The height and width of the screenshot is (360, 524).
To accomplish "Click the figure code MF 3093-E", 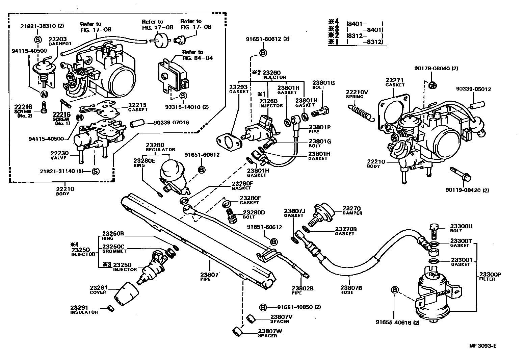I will (x=482, y=346).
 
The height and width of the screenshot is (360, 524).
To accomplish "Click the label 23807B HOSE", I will (x=351, y=290).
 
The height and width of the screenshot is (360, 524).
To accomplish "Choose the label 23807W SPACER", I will (x=270, y=333).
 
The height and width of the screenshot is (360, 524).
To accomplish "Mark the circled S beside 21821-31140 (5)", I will (x=96, y=171).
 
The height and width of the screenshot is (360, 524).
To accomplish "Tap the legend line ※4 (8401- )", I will (x=357, y=24).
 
